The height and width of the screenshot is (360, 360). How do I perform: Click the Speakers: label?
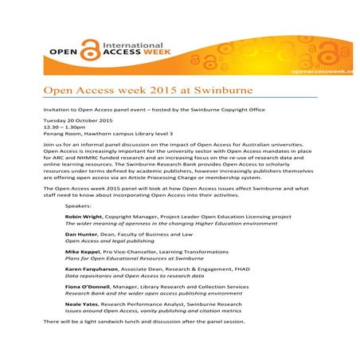(80, 206)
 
